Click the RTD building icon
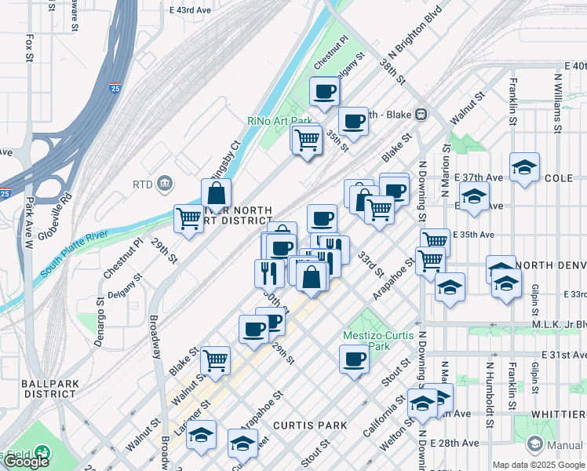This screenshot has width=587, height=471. coord(165,184)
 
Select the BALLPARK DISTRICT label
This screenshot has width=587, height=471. coord(28,389)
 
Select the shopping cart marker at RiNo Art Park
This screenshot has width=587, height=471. coord(307,141)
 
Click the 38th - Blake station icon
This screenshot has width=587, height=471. coord(421,114)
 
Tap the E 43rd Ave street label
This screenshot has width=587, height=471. coord(191,10)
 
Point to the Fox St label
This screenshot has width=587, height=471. coord(29,47)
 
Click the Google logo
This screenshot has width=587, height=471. coord(26,461)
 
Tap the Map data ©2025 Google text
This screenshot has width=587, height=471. coord(538,465)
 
